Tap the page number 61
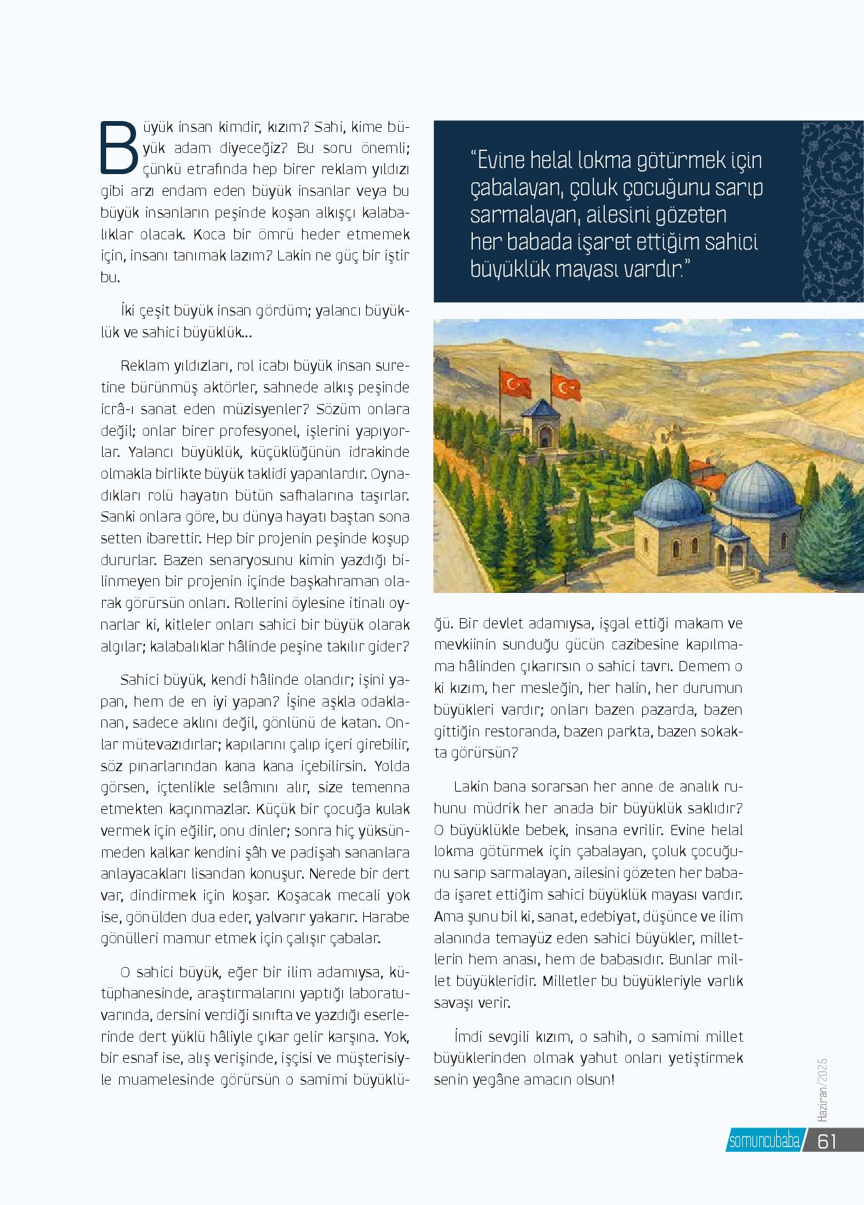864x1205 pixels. (x=826, y=1142)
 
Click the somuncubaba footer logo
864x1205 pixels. (x=764, y=1142)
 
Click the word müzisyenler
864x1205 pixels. (x=252, y=410)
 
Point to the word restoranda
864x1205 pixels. (x=538, y=731)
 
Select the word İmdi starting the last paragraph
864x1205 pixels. (x=465, y=1037)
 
